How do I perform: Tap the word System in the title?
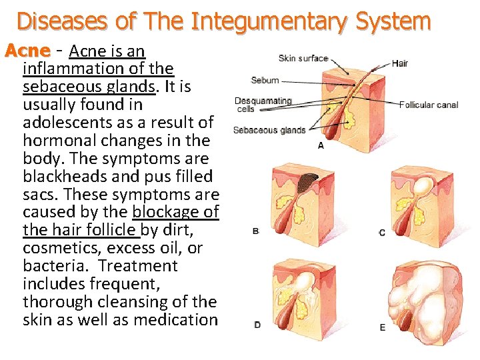point(393,21)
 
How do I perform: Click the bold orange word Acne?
point(27,51)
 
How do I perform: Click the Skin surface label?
point(303,59)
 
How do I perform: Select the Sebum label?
point(265,81)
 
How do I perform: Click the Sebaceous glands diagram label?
point(269,130)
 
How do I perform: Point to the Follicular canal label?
point(429,105)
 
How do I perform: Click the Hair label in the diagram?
point(400,64)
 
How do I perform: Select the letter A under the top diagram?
point(321,145)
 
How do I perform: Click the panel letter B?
point(256,231)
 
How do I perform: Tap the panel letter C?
point(381,233)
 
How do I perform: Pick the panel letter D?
point(257,325)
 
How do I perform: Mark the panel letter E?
point(382,327)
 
